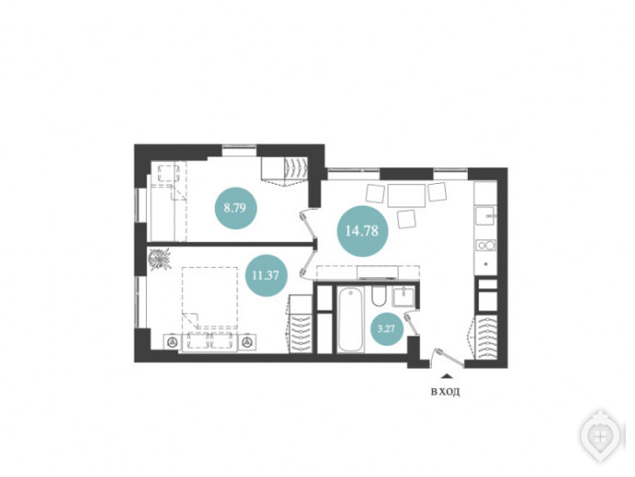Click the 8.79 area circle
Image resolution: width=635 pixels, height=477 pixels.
tap(235, 208)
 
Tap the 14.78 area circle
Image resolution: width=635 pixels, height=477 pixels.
tap(363, 231)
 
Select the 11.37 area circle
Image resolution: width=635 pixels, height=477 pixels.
tap(266, 275)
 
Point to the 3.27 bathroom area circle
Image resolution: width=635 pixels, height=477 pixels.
tap(387, 328)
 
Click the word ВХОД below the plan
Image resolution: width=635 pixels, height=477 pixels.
tap(446, 392)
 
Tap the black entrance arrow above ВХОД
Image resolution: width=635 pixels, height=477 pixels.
tap(446, 376)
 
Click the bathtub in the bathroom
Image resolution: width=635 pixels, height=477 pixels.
tap(351, 320)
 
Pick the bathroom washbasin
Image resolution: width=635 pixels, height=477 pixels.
tap(403, 296)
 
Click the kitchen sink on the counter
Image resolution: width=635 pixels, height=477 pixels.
tap(485, 215)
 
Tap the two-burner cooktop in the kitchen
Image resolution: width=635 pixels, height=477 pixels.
tap(485, 245)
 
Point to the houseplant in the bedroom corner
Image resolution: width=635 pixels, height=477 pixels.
tap(159, 259)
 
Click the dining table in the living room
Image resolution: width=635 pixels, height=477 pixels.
tap(407, 195)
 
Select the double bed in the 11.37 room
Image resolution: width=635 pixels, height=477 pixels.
tap(210, 298)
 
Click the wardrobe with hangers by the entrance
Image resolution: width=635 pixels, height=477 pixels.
tap(485, 337)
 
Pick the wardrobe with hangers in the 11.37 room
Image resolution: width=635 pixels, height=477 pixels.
tap(301, 331)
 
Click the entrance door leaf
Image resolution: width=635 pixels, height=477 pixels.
tap(450, 358)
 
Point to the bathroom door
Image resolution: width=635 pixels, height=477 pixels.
tap(412, 324)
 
